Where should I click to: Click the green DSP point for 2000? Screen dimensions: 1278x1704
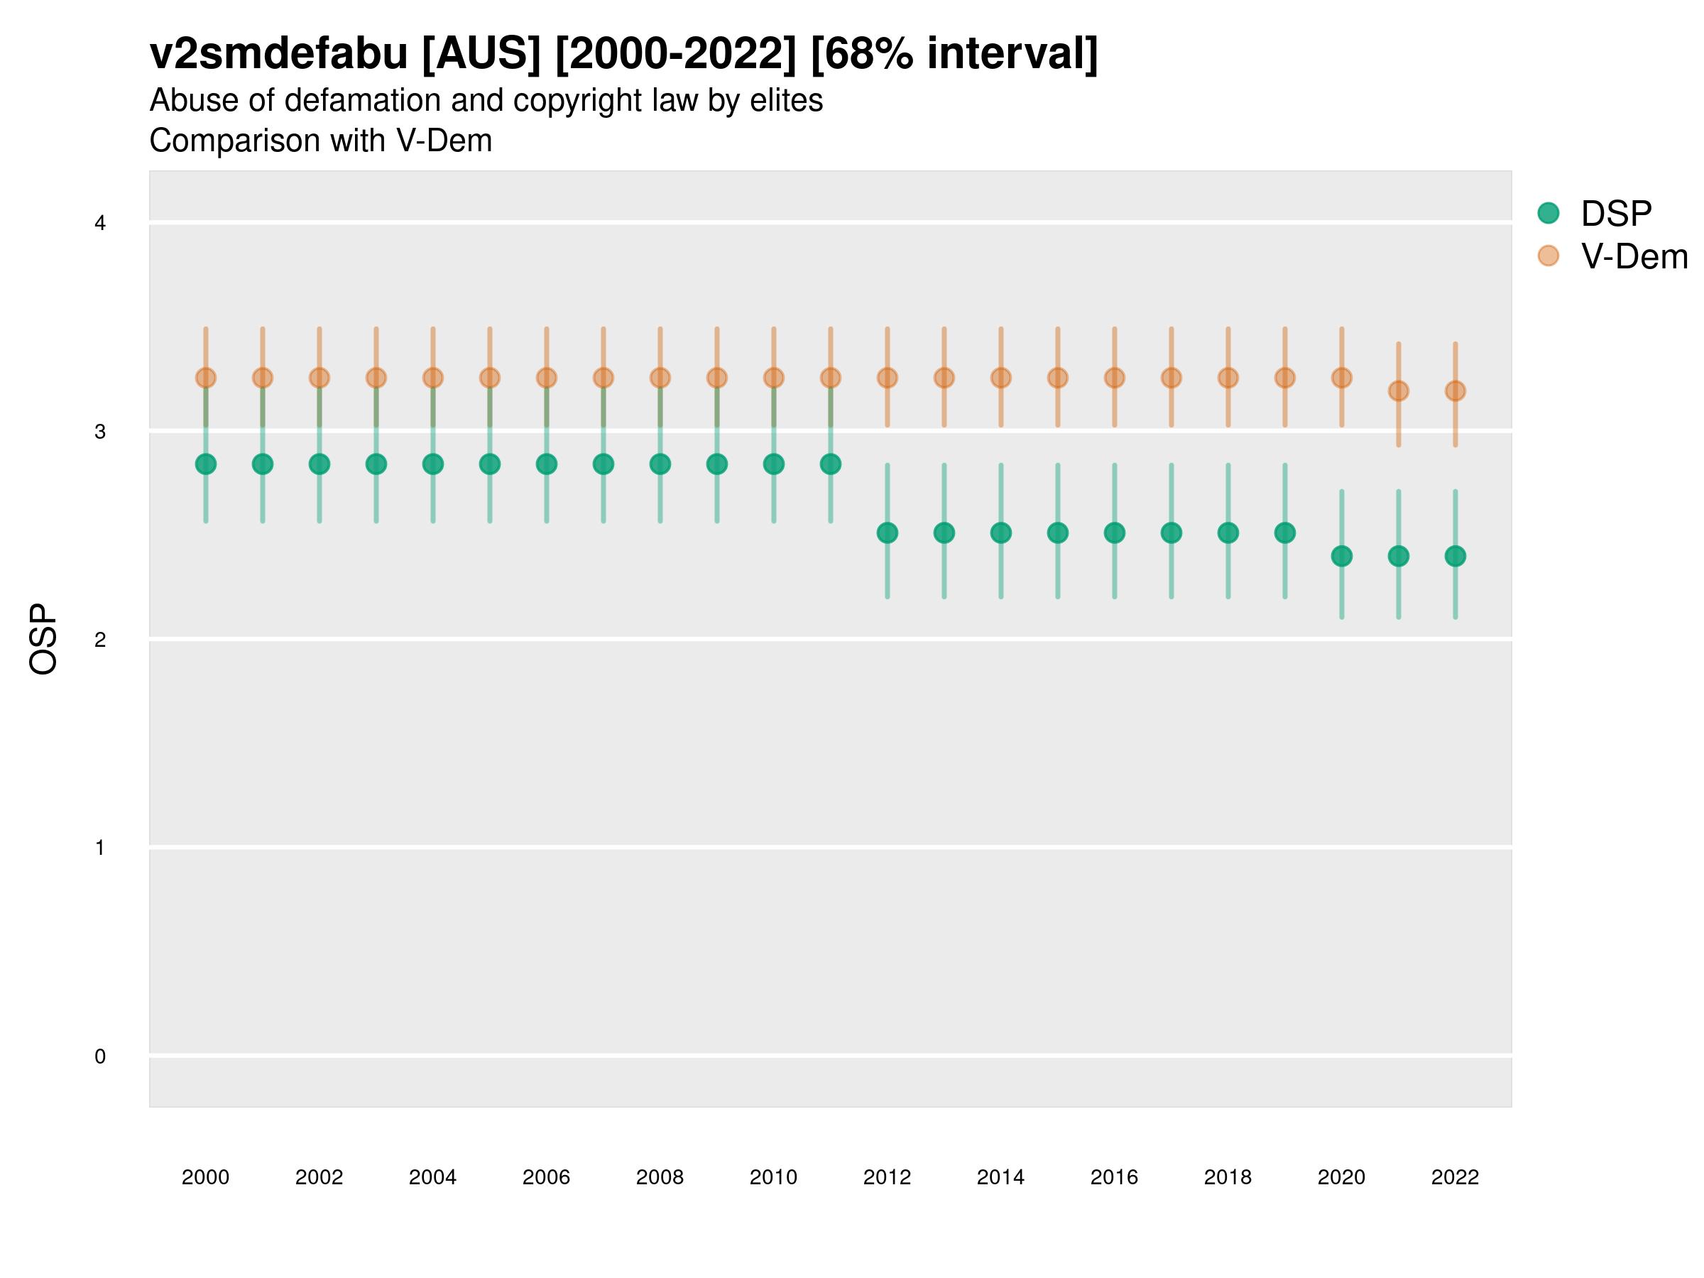tap(206, 464)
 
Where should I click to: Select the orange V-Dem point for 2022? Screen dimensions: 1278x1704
tap(1455, 390)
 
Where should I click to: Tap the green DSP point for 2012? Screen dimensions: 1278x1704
tap(887, 532)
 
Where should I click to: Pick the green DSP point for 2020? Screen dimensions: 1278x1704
tap(1342, 555)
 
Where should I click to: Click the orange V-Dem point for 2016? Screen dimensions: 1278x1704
tap(1115, 378)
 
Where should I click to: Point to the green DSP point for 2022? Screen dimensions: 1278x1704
tap(1455, 555)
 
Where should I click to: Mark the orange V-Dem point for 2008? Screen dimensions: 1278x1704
tap(660, 378)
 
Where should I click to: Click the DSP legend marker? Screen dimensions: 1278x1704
tap(1549, 212)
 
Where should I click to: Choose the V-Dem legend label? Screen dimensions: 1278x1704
tap(1634, 256)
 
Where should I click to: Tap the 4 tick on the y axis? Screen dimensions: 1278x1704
tap(100, 224)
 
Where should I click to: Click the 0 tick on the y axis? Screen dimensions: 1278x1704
tap(100, 1056)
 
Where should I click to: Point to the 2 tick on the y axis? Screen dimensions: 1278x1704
tap(100, 640)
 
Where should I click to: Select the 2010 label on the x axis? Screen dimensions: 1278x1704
tap(773, 1177)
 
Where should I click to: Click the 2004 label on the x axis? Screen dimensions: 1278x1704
tap(433, 1177)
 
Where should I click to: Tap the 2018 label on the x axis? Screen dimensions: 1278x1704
tap(1228, 1177)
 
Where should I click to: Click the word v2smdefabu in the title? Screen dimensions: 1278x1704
tap(279, 54)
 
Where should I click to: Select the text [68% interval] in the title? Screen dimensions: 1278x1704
tap(954, 54)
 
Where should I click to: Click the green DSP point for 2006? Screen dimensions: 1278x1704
tap(546, 464)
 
